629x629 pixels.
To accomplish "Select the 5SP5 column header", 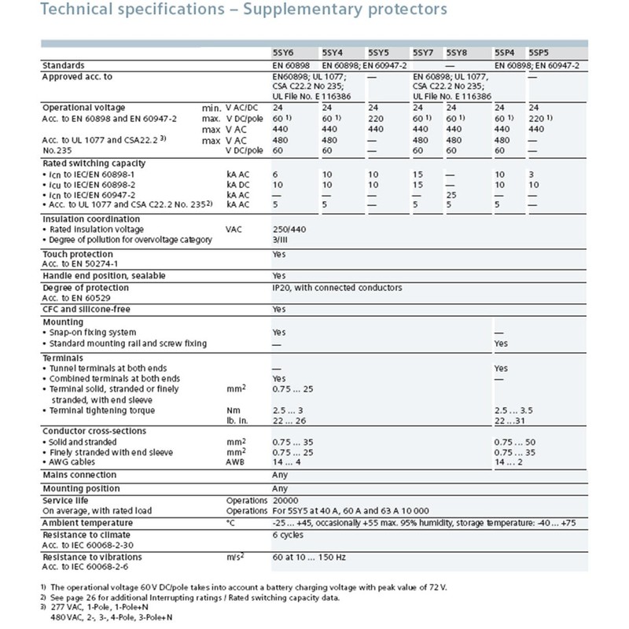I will click(541, 52).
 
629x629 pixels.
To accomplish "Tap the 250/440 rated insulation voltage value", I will click(290, 229).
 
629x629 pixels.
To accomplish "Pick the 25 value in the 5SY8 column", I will click(451, 194).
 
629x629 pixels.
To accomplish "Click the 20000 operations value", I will click(285, 500).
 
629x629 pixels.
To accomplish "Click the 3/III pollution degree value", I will click(281, 239).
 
